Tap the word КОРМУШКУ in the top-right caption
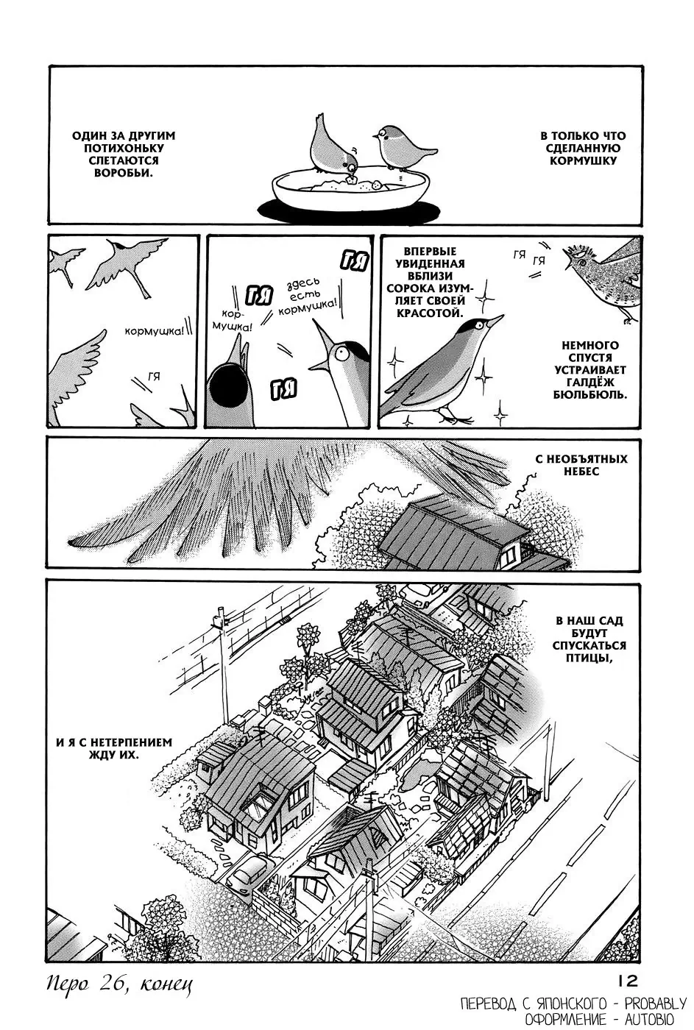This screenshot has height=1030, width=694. click(x=582, y=161)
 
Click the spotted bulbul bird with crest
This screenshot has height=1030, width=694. click(x=602, y=276)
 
